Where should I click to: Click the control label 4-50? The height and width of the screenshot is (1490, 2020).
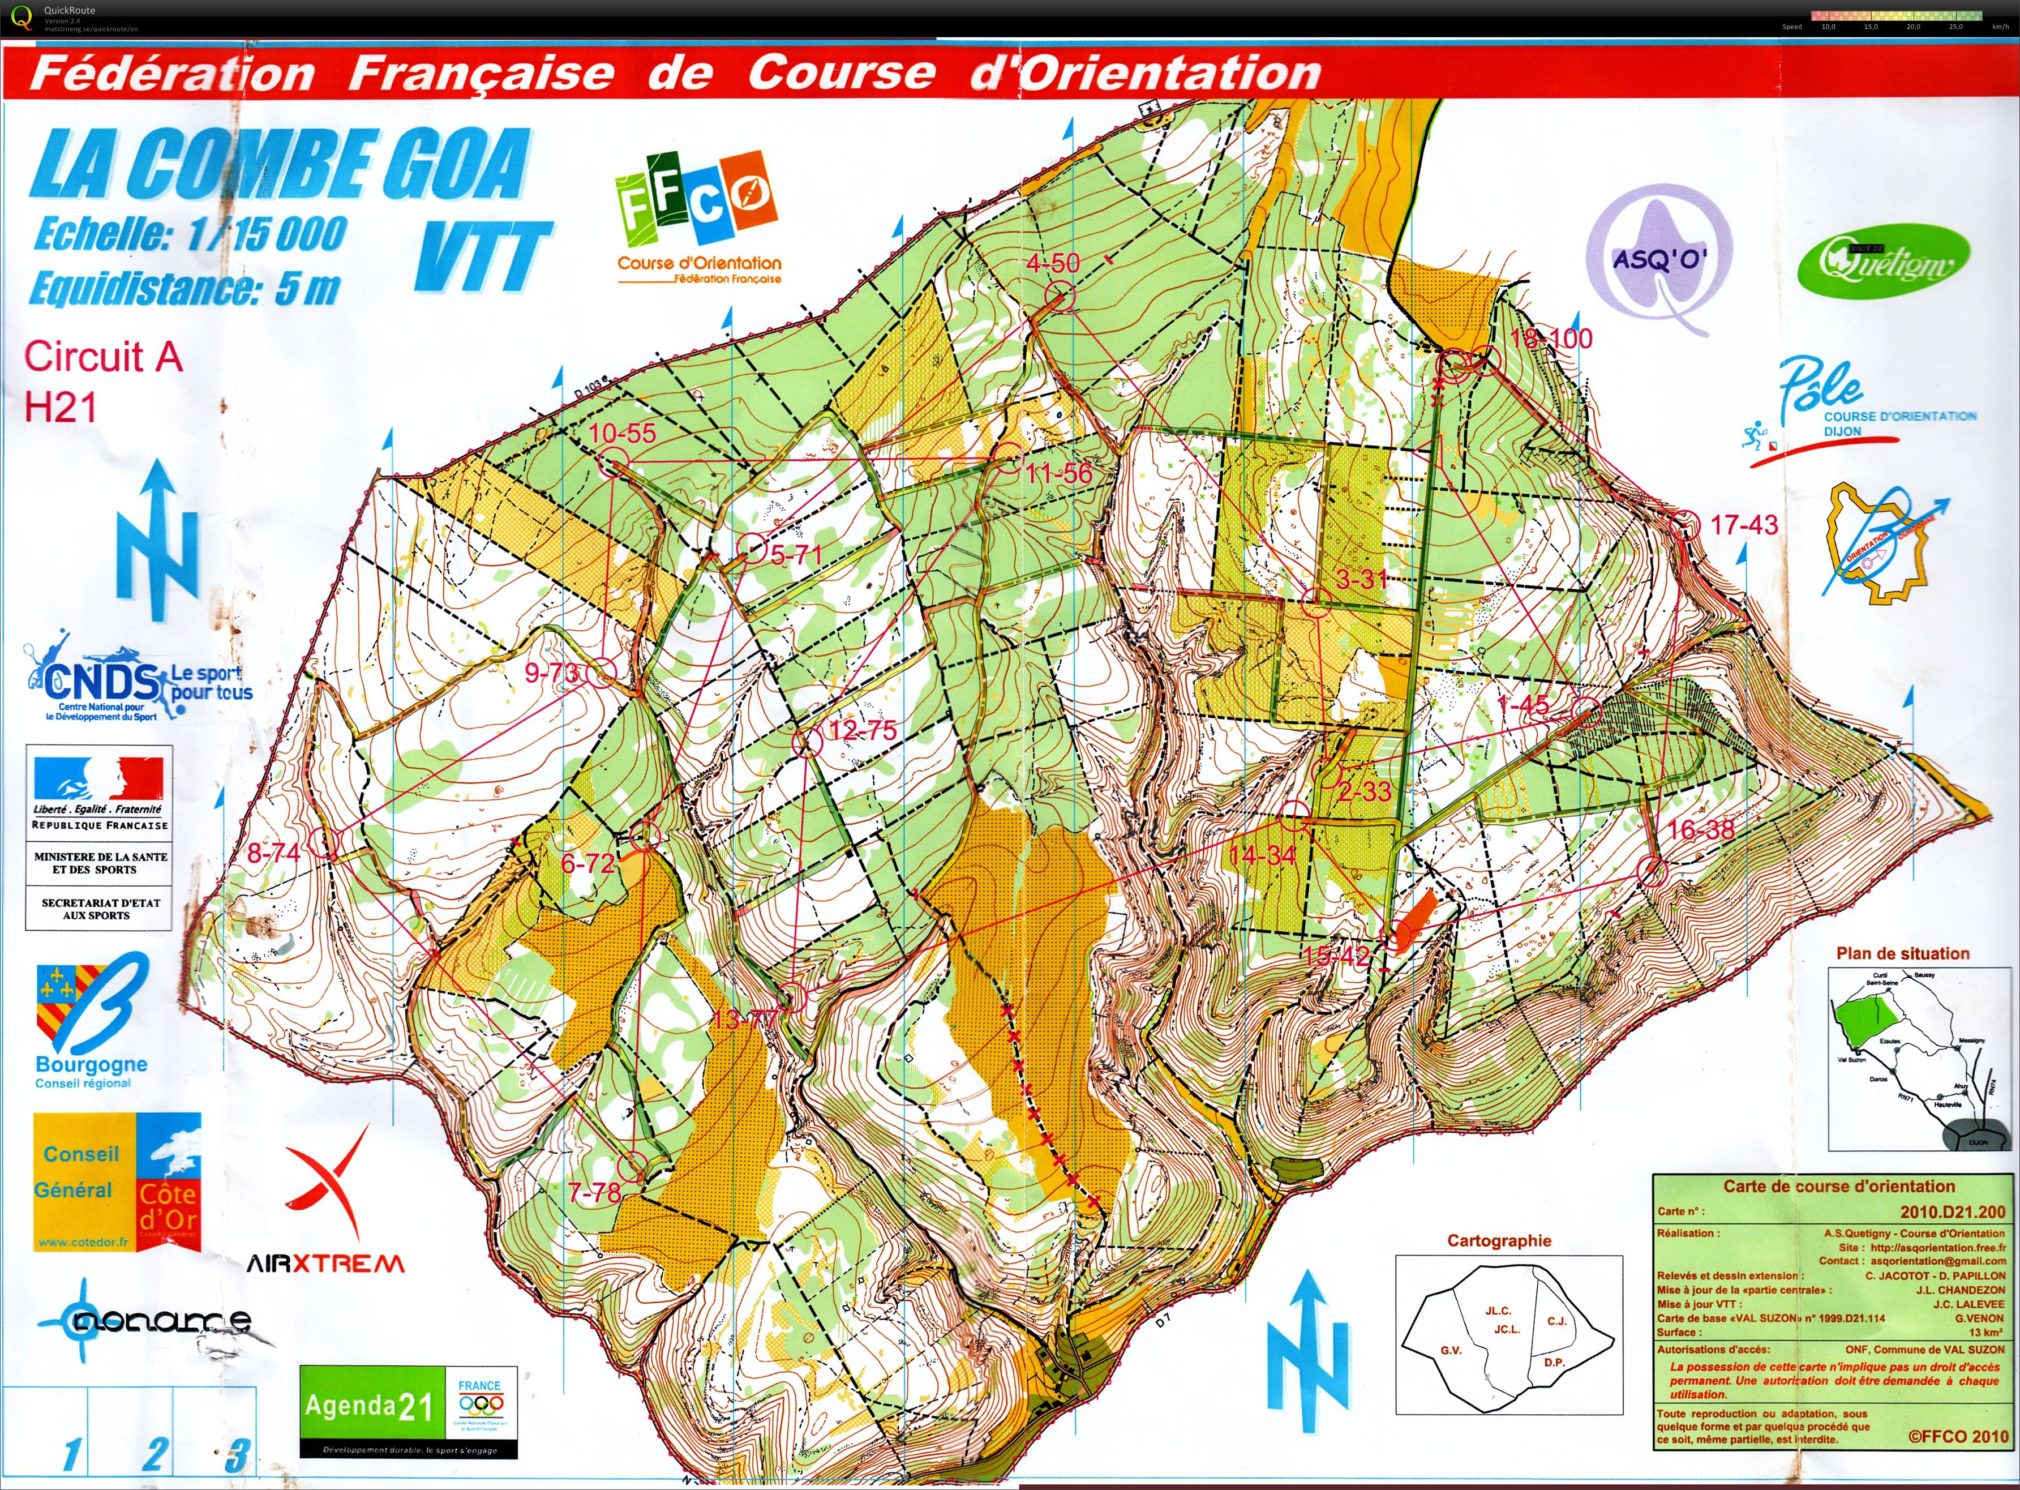pos(1052,263)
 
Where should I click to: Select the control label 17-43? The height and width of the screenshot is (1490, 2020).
pos(1744,524)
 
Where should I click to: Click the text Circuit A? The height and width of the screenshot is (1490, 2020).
pos(103,357)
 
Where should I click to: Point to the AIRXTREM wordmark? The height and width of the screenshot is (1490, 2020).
pos(325,1264)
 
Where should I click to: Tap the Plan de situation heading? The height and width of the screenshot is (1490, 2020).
pos(1902,953)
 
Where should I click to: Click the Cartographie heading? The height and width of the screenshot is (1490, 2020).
pos(1499,1240)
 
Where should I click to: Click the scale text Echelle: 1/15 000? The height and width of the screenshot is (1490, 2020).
pos(190,234)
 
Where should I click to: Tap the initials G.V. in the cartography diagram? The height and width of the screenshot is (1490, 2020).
pos(1450,1350)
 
